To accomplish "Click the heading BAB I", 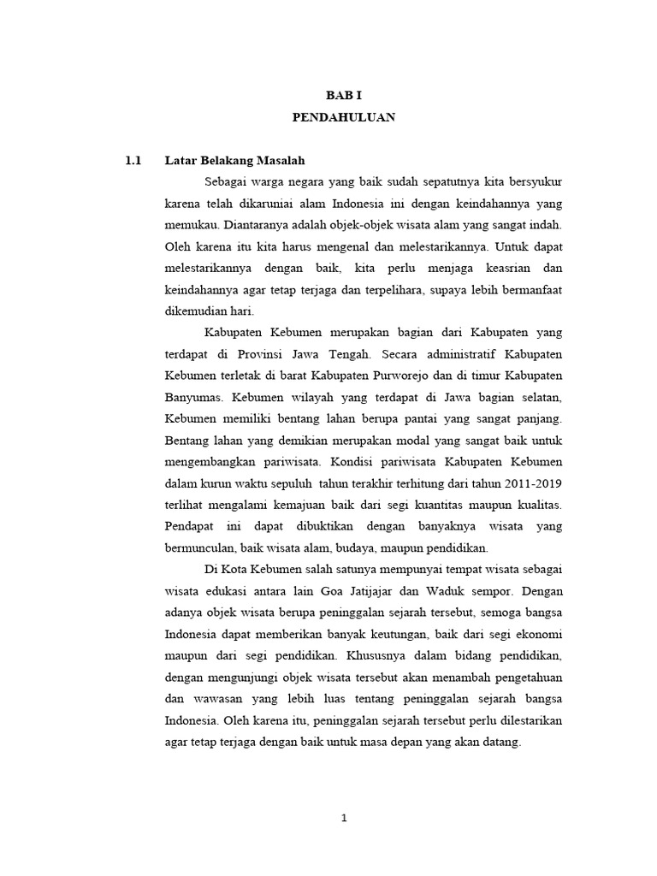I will coord(343,97).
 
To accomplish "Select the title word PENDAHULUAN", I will coord(343,118).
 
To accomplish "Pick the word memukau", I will coord(191,225).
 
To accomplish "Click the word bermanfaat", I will coord(530,289).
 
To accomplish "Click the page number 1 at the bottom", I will coord(343,818).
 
